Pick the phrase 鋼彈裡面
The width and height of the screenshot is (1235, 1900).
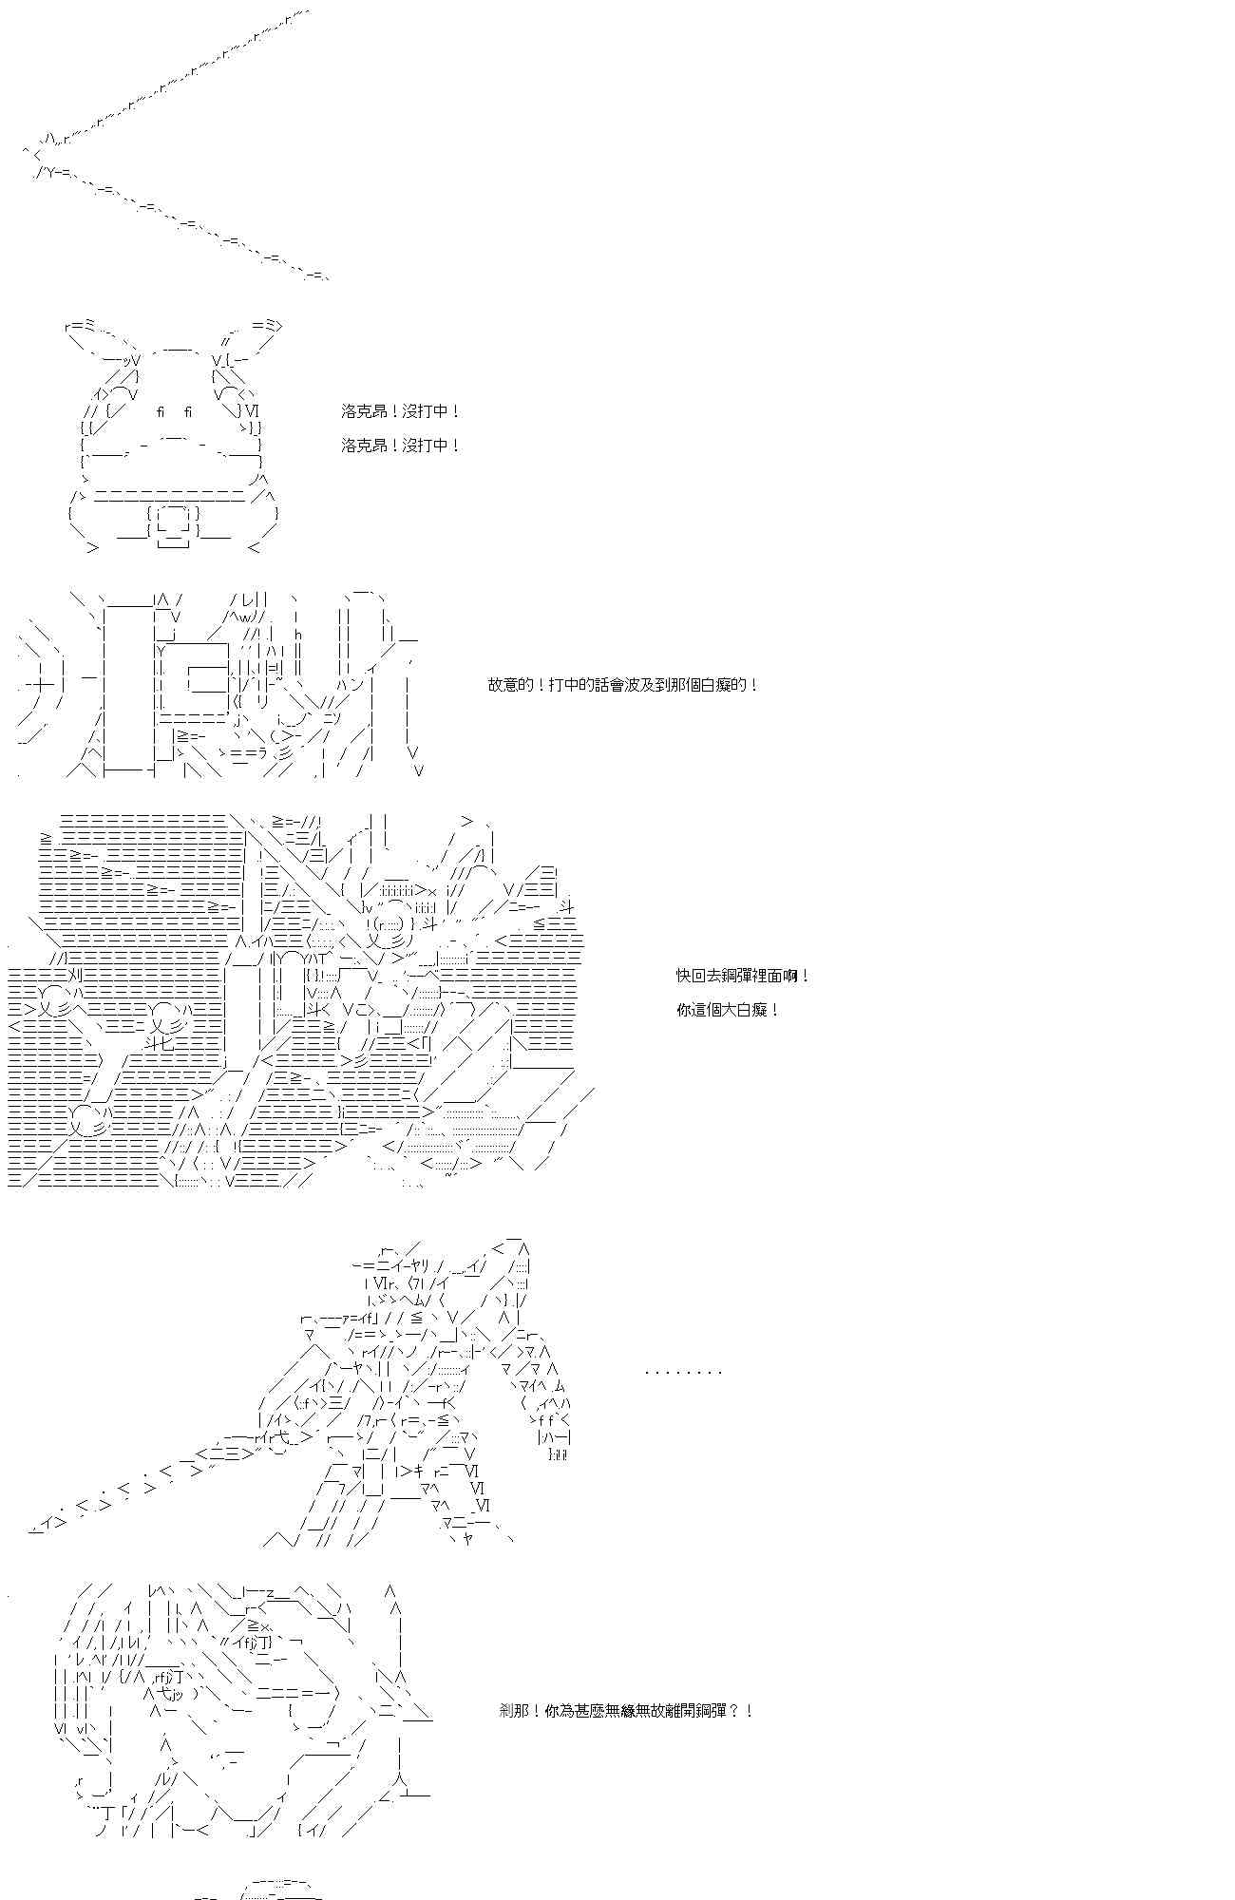click(x=751, y=976)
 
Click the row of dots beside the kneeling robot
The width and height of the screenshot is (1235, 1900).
click(x=683, y=1372)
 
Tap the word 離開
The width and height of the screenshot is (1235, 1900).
click(x=681, y=1711)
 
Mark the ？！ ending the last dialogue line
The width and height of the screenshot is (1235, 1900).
click(x=742, y=1711)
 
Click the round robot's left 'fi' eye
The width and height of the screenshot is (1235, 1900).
click(x=161, y=411)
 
